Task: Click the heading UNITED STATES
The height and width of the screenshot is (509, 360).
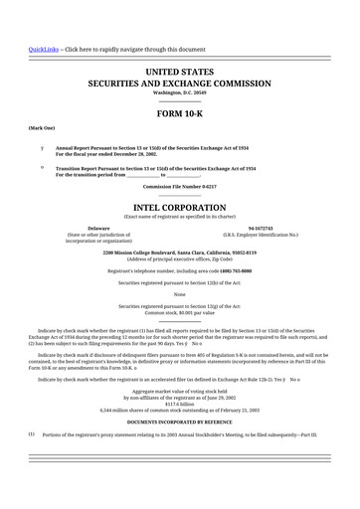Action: click(x=180, y=73)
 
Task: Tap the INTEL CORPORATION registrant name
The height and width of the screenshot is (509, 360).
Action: click(x=180, y=209)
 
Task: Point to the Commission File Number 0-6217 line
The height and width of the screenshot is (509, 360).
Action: click(x=180, y=187)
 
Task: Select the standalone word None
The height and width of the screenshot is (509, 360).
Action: click(x=180, y=294)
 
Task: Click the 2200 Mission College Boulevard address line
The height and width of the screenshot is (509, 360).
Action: click(x=180, y=252)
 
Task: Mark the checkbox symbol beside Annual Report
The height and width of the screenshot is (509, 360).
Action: click(x=41, y=145)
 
